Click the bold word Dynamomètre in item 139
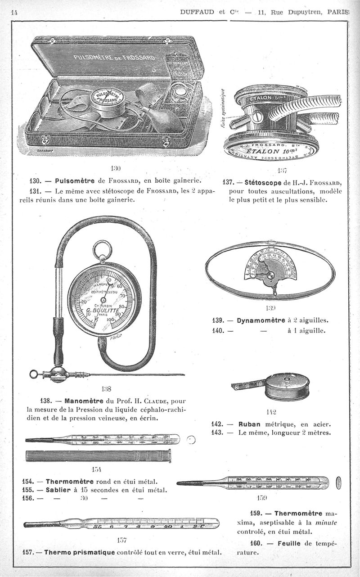tap(260, 321)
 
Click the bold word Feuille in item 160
tap(287, 543)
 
